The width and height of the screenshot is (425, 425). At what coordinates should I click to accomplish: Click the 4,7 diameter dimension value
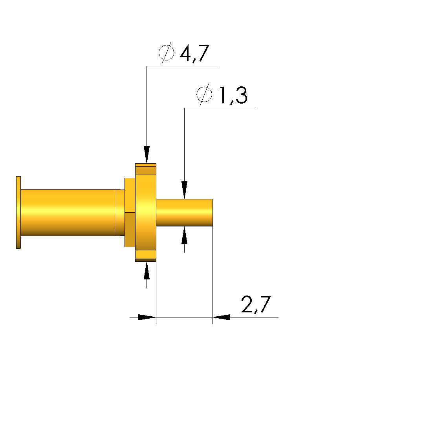click(194, 53)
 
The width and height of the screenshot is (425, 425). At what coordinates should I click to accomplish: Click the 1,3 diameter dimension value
click(233, 95)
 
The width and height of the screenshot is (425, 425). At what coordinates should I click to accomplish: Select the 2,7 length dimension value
click(256, 305)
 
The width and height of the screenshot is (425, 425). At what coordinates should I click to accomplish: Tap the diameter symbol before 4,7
click(166, 53)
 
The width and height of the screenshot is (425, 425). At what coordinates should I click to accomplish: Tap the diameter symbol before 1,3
click(204, 95)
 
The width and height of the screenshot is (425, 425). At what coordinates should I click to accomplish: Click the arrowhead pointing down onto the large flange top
click(147, 155)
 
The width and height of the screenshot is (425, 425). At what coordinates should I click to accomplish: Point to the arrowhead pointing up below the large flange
click(147, 270)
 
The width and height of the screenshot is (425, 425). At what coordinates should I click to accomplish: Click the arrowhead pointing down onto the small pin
click(185, 190)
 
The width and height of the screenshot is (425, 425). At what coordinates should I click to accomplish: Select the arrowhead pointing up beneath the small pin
click(185, 235)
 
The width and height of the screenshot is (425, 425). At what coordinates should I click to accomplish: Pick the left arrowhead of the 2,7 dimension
click(147, 317)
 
